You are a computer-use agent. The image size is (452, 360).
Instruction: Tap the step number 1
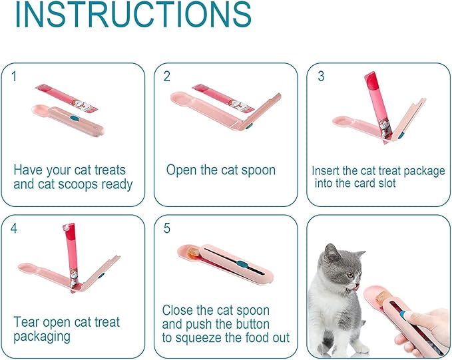(x=15, y=77)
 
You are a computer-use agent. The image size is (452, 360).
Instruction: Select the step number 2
(x=167, y=77)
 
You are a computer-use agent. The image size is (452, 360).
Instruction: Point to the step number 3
(x=321, y=76)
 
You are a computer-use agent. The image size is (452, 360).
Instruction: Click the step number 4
(x=15, y=228)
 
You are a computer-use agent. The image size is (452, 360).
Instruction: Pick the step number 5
(x=167, y=228)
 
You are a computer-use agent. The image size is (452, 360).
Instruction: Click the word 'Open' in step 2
(x=182, y=170)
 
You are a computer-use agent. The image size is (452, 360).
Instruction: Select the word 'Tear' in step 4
(x=27, y=323)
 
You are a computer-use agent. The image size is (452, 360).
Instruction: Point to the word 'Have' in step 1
(x=29, y=170)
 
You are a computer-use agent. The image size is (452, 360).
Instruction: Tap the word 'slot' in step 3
(x=385, y=183)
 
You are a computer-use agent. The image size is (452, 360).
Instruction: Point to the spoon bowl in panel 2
(x=182, y=98)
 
